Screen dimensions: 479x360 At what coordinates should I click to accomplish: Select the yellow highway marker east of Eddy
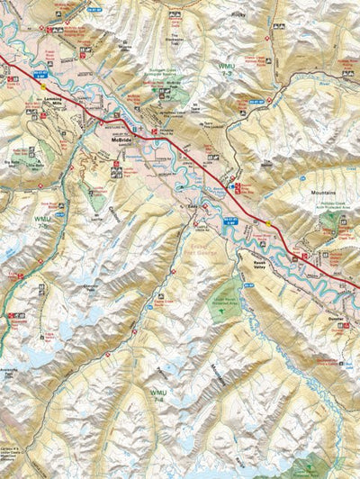click(x=266, y=223)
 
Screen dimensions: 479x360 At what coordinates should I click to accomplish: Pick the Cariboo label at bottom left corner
click(x=13, y=465)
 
